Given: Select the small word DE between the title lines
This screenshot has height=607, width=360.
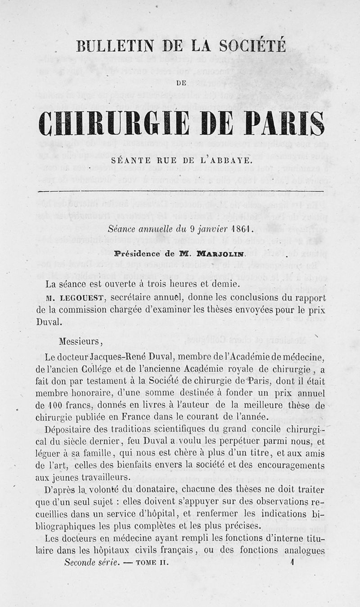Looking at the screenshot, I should click(x=181, y=83).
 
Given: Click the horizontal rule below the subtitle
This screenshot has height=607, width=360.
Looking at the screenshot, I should click(x=181, y=192).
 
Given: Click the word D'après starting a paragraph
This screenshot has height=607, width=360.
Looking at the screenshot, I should click(x=62, y=490).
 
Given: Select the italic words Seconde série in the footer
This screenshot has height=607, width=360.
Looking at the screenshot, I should click(x=92, y=562).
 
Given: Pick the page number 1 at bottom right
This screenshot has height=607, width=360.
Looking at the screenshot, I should click(x=292, y=562).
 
